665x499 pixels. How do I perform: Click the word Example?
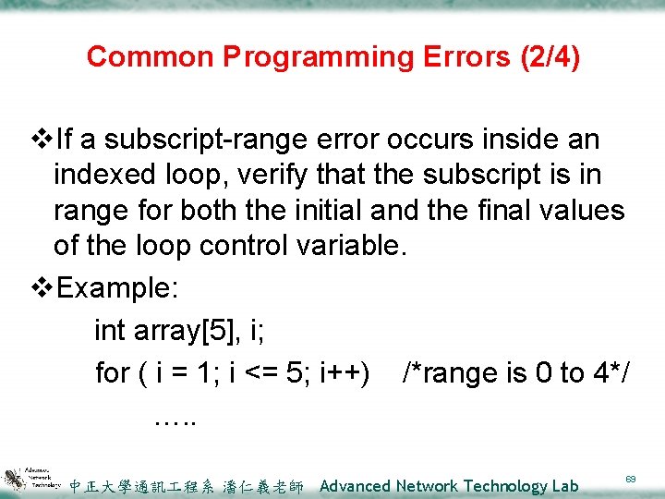[118, 287]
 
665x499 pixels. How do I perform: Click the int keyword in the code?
[111, 330]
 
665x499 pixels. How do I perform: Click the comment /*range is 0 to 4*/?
[516, 373]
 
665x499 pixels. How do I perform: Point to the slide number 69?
[630, 480]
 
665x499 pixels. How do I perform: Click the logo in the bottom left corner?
[32, 477]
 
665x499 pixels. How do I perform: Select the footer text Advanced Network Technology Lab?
[449, 486]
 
